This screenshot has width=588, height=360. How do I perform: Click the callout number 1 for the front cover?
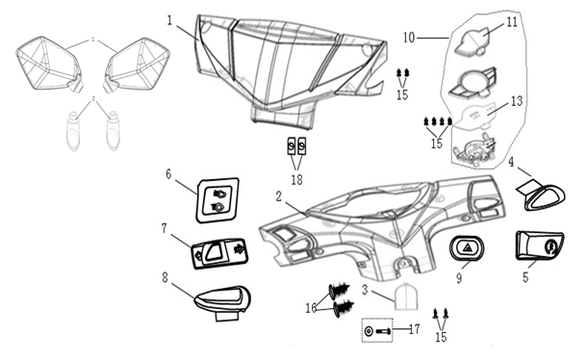(170, 20)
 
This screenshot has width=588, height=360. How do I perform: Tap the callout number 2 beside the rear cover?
(278, 196)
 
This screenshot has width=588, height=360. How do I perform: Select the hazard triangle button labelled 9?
(467, 248)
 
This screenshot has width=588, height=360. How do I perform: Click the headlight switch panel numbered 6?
(217, 200)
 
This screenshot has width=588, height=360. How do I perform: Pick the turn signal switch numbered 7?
(219, 253)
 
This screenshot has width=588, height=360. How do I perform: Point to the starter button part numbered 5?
(540, 245)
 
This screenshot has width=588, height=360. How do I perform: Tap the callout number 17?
(414, 329)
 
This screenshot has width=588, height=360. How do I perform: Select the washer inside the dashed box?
(369, 331)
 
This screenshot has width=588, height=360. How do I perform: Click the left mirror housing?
(49, 64)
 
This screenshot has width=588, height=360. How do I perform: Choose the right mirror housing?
(137, 64)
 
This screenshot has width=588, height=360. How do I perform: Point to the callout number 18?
(296, 180)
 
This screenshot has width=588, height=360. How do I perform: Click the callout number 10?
(409, 38)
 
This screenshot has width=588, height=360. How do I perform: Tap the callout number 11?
(512, 22)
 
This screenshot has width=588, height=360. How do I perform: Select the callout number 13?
(517, 101)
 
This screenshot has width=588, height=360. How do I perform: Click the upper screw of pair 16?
(340, 291)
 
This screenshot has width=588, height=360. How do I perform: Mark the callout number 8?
(165, 278)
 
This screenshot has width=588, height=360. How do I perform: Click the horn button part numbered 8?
(222, 302)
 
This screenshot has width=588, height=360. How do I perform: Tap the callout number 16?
(311, 308)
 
